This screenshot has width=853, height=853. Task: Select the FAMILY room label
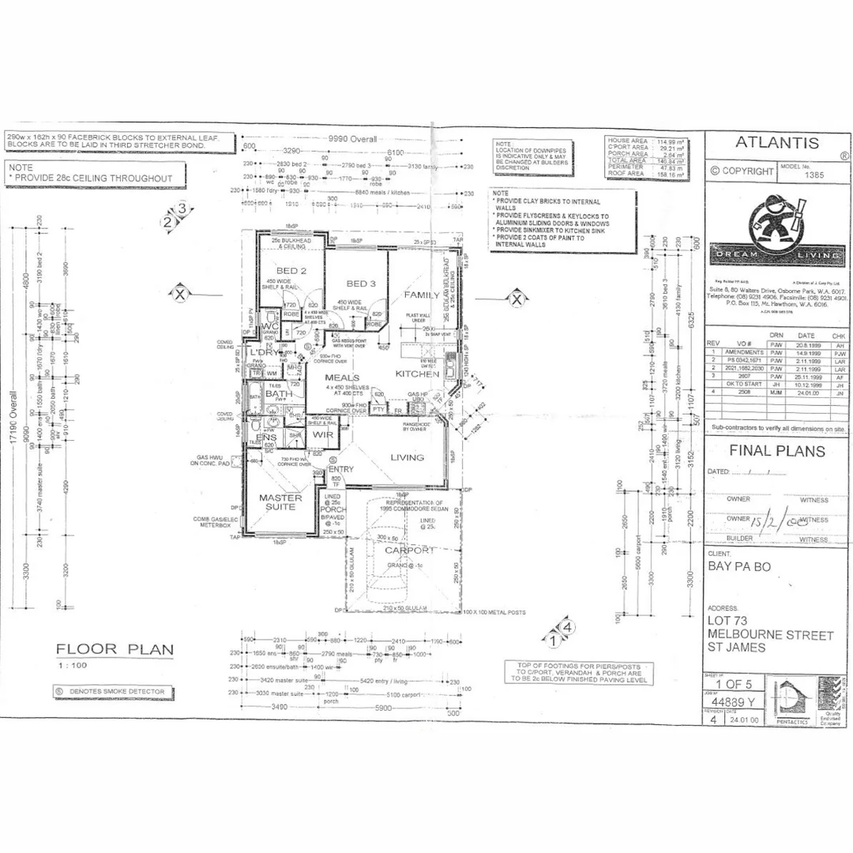pos(422,295)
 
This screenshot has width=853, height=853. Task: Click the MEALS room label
pos(341,378)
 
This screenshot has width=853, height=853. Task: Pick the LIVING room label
pos(407,457)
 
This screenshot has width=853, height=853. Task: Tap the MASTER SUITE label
pos(280,502)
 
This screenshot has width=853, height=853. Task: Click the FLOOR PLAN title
pos(115,650)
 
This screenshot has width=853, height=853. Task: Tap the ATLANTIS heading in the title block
pos(777,143)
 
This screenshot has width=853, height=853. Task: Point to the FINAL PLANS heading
pos(777,451)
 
